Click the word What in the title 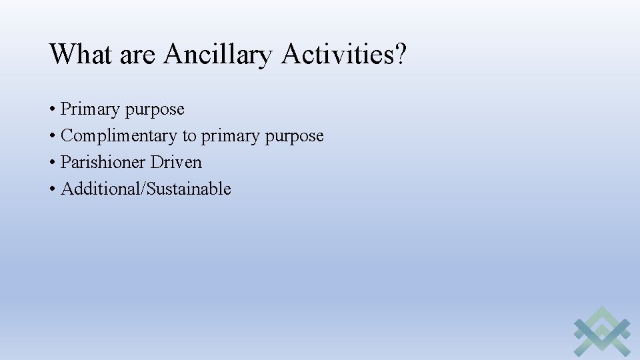(81, 54)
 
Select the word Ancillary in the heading (218, 54)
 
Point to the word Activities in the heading (337, 54)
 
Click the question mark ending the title (399, 54)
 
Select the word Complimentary (119, 136)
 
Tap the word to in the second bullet (189, 136)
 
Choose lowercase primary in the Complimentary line (231, 137)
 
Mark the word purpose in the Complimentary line (294, 137)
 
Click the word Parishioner (103, 162)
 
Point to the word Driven (176, 162)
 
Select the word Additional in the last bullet (101, 189)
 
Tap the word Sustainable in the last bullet (189, 189)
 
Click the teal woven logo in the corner (602, 331)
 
